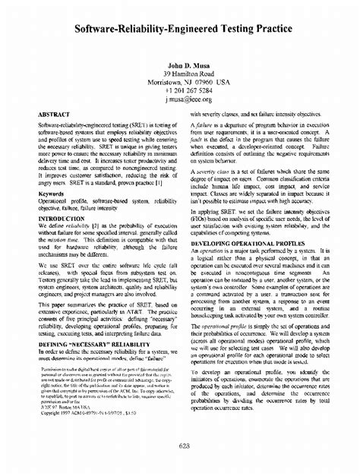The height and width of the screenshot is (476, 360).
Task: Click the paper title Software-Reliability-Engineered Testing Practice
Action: click(179, 32)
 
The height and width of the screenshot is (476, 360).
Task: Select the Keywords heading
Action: click(51, 194)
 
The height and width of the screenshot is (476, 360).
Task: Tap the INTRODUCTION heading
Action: click(61, 217)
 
